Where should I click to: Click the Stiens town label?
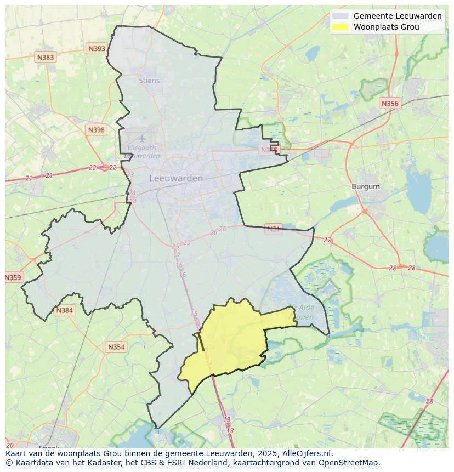[149, 81]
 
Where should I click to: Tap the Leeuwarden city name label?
[176, 179]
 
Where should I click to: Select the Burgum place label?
[365, 186]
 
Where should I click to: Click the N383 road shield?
[45, 57]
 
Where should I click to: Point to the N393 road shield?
[97, 49]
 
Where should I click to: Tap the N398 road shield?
[96, 130]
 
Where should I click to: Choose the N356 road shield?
[390, 103]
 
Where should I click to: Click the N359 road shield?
[13, 277]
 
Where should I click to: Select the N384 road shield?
[64, 311]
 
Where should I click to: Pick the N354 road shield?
[116, 347]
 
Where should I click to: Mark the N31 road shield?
[273, 229]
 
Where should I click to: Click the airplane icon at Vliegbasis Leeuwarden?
[142, 138]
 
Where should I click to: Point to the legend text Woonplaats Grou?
[386, 27]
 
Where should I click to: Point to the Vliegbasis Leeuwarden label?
[142, 152]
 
